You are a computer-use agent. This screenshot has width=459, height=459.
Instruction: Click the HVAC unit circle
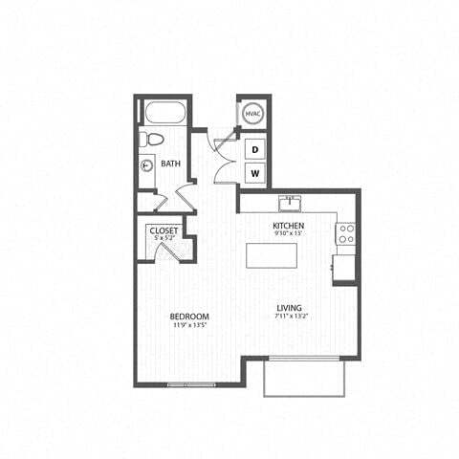252,114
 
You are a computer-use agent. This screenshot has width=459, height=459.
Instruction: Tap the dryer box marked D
255,149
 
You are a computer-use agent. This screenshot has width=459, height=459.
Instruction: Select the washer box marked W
255,173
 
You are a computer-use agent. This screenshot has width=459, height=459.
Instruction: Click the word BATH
171,164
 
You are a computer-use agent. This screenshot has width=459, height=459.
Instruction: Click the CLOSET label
164,230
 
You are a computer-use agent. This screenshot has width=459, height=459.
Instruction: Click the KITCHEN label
288,225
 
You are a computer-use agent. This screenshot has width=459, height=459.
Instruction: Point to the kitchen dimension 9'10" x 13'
288,233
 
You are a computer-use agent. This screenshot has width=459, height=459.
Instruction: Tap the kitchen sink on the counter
287,203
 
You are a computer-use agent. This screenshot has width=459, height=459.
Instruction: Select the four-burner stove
345,233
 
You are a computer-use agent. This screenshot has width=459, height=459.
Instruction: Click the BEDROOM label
190,317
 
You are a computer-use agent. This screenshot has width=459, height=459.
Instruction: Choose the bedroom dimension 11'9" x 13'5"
190,325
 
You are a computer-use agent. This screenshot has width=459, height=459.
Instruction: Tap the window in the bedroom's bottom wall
191,383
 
